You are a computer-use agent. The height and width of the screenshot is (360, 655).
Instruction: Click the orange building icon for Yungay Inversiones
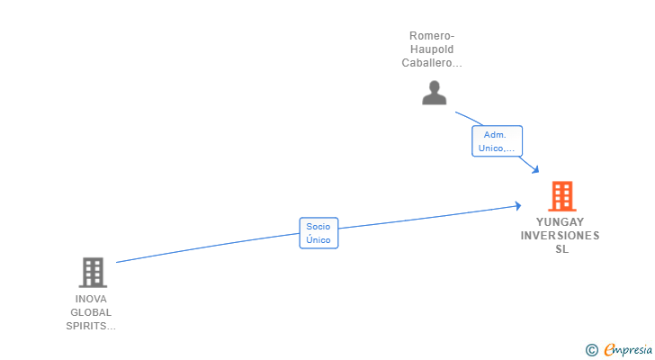pyautogui.click(x=561, y=196)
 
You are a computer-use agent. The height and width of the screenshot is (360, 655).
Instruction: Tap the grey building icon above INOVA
pyautogui.click(x=93, y=272)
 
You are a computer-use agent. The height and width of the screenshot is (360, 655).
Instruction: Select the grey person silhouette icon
pyautogui.click(x=435, y=93)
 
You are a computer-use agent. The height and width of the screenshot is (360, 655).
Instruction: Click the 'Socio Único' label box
pyautogui.click(x=319, y=233)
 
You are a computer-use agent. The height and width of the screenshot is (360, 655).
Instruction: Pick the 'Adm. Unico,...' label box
pyautogui.click(x=497, y=141)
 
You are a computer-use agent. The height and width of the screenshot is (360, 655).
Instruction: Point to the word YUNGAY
pyautogui.click(x=561, y=221)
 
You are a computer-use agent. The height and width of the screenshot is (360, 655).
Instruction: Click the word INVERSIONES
pyautogui.click(x=560, y=236)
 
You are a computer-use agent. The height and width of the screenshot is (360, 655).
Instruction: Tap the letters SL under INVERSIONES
pyautogui.click(x=561, y=249)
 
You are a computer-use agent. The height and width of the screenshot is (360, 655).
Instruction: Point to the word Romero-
pyautogui.click(x=432, y=36)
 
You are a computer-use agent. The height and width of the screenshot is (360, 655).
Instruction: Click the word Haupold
pyautogui.click(x=432, y=49)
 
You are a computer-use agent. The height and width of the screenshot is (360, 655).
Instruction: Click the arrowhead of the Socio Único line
pyautogui.click(x=517, y=206)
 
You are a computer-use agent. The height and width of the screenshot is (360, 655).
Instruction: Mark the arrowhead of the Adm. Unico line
pyautogui.click(x=535, y=170)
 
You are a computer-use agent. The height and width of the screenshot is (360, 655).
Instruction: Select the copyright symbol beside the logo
pyautogui.click(x=591, y=349)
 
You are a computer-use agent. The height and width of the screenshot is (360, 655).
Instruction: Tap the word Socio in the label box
pyautogui.click(x=319, y=227)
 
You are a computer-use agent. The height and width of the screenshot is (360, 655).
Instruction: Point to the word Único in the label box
pyautogui.click(x=319, y=240)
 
